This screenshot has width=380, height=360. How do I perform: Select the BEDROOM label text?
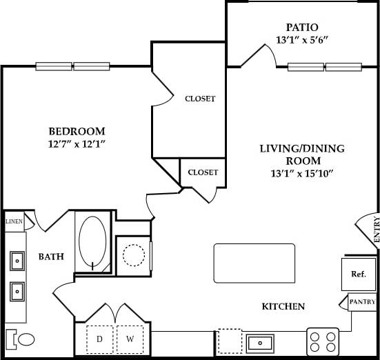[x=77, y=131]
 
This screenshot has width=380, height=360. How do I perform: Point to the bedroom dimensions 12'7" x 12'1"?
[x=77, y=143]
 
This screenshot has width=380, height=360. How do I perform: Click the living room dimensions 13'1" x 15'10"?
[x=302, y=173]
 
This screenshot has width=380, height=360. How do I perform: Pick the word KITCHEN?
[x=283, y=306]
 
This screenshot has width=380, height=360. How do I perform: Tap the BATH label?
[x=51, y=257]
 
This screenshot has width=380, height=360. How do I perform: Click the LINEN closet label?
[x=14, y=222]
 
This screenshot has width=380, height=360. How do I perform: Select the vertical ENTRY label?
[x=376, y=230]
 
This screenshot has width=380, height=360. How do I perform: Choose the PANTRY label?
[x=362, y=302]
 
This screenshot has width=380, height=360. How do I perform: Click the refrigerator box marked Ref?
[x=358, y=274]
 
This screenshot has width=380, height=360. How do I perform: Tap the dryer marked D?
[x=99, y=339]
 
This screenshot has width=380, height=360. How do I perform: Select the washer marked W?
[x=128, y=339]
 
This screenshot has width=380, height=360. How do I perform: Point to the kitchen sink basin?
[x=261, y=341]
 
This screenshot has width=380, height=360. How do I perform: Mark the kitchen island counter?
[x=252, y=263]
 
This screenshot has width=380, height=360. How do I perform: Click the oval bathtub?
[x=94, y=243]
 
